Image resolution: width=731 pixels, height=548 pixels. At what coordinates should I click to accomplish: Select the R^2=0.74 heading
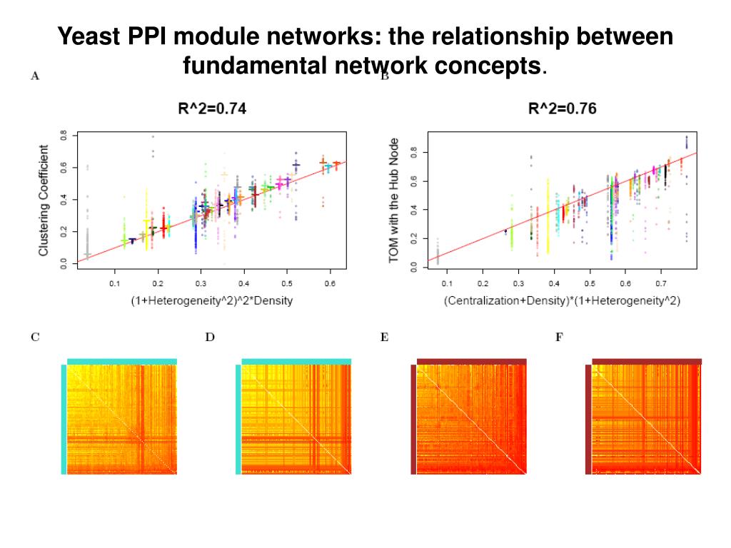pos(212,109)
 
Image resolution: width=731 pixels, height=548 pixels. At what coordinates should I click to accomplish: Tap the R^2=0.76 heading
pos(562,109)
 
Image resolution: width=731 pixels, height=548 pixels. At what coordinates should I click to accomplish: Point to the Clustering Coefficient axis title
pos(44,201)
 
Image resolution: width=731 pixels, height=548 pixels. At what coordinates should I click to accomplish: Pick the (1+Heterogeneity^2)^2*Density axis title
pos(212,301)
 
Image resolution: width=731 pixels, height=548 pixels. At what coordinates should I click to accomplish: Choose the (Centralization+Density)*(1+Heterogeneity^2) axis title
pos(562,301)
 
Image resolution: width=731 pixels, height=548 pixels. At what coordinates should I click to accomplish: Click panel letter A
pos(34,76)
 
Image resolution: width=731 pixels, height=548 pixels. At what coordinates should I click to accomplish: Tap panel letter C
pos(34,337)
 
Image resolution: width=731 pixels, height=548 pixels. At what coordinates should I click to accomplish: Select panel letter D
pos(210,337)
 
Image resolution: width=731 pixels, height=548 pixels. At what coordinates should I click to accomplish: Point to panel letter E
pos(384,337)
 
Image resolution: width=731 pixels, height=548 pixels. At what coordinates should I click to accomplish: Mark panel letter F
pos(560,337)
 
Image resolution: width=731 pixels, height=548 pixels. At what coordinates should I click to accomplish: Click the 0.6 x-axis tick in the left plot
pos(329,285)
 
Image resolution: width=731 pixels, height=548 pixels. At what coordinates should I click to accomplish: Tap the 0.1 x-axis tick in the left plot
pos(115,285)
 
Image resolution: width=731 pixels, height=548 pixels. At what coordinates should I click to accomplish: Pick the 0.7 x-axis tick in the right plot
pos(518,285)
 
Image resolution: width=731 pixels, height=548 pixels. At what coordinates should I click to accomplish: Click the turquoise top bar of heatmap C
pos(121,361)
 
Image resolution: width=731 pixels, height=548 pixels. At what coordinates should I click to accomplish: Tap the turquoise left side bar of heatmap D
pos(238,420)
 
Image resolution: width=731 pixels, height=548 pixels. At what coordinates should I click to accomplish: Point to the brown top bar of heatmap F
pos(647,361)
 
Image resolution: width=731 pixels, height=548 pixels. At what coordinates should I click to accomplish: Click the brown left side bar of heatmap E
pos(413,420)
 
